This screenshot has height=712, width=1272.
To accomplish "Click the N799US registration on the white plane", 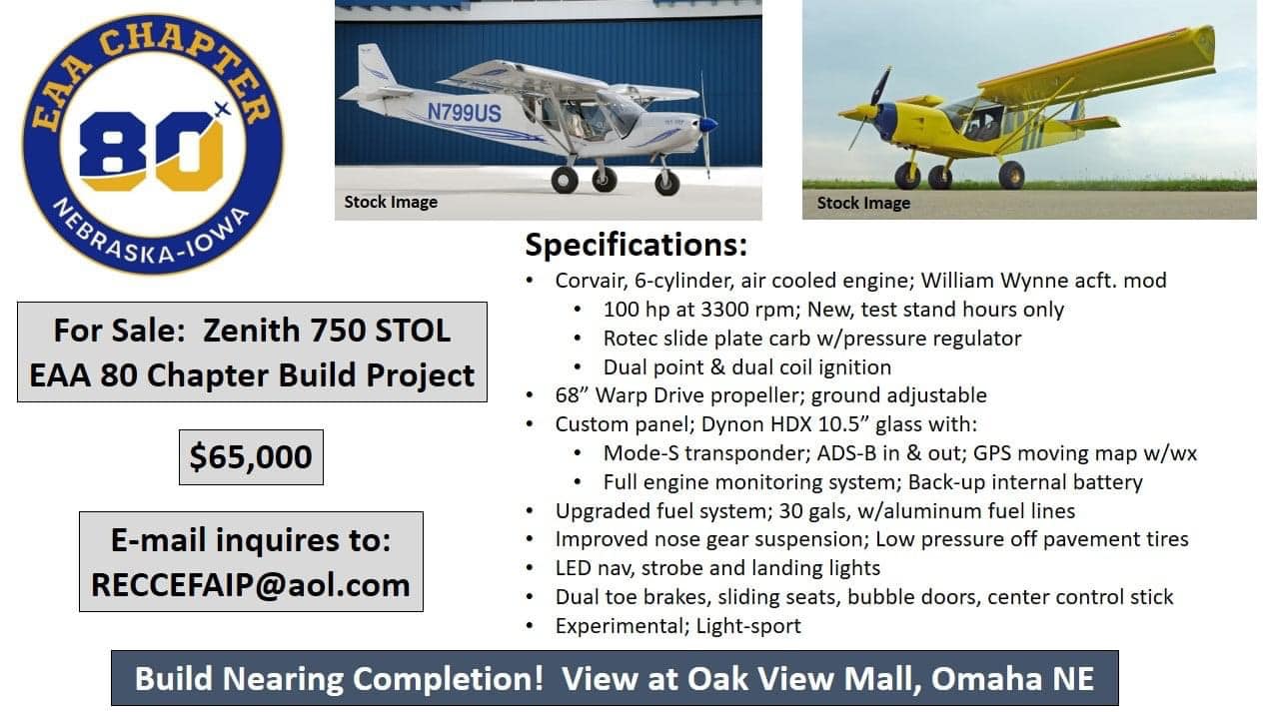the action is (464, 112).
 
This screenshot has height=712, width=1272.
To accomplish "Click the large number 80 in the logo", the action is (152, 150).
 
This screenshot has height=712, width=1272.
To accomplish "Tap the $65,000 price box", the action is (251, 456).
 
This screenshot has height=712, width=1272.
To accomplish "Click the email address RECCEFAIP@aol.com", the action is (251, 585).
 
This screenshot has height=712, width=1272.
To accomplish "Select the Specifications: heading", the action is (636, 245).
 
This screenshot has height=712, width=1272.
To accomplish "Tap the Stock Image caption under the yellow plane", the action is (863, 203).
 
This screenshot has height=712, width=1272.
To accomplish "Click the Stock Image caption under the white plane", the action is (391, 202).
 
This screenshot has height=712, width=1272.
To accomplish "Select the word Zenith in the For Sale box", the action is (251, 331).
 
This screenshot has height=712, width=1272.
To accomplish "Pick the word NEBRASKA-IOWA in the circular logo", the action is (151, 239).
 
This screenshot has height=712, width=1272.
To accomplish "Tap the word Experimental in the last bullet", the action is (622, 626).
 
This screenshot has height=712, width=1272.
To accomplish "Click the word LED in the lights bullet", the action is (573, 568).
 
